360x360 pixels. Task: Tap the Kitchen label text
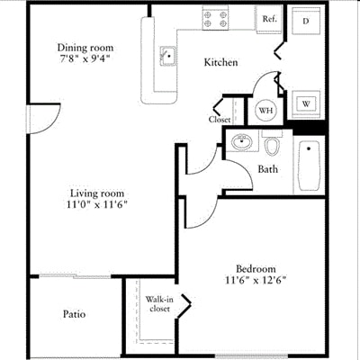220,63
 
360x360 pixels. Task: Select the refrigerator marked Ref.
268,19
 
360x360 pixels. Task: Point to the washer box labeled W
306,103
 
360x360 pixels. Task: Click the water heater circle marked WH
265,110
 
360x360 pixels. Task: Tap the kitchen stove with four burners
215,18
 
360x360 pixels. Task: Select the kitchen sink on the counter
167,56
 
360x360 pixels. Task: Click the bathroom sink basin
240,141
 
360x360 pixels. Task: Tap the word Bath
267,169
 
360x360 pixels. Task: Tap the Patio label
75,314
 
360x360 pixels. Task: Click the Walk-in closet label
158,303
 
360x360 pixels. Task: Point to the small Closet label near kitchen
220,119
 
